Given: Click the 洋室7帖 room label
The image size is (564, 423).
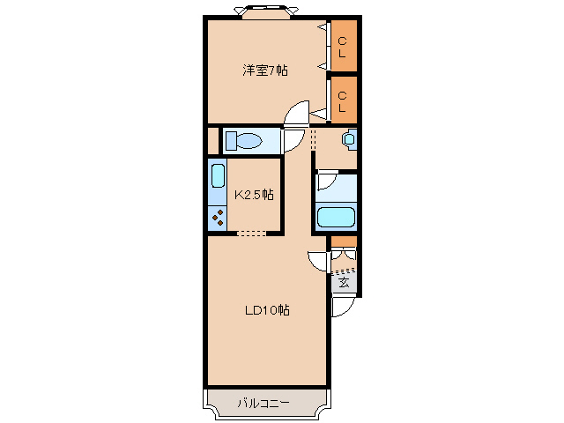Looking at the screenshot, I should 265,70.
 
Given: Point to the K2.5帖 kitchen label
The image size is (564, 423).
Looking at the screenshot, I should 252,195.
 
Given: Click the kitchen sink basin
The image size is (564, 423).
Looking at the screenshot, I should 217,174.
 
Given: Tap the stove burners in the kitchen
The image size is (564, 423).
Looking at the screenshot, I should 217,215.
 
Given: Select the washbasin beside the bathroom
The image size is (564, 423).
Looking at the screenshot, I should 348,139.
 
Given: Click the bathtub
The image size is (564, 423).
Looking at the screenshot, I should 335,217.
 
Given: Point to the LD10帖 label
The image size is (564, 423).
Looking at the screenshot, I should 268,310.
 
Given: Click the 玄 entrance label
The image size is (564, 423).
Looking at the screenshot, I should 344,283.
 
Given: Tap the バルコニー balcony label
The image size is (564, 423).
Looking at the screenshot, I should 263,404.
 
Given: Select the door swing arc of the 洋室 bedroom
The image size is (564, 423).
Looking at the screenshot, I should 297,114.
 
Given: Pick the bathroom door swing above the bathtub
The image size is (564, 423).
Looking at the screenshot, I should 325,181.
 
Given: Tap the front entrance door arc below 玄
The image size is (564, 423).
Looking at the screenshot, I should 342,307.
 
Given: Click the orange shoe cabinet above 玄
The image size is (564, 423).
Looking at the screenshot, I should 344,241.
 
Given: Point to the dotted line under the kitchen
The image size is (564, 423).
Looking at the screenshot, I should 252,234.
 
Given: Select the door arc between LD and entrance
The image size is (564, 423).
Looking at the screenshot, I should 318,261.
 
